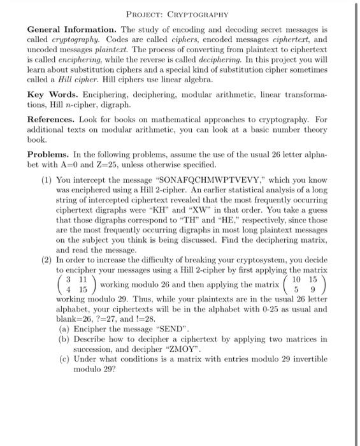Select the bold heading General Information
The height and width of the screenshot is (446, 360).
coord(71,29)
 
